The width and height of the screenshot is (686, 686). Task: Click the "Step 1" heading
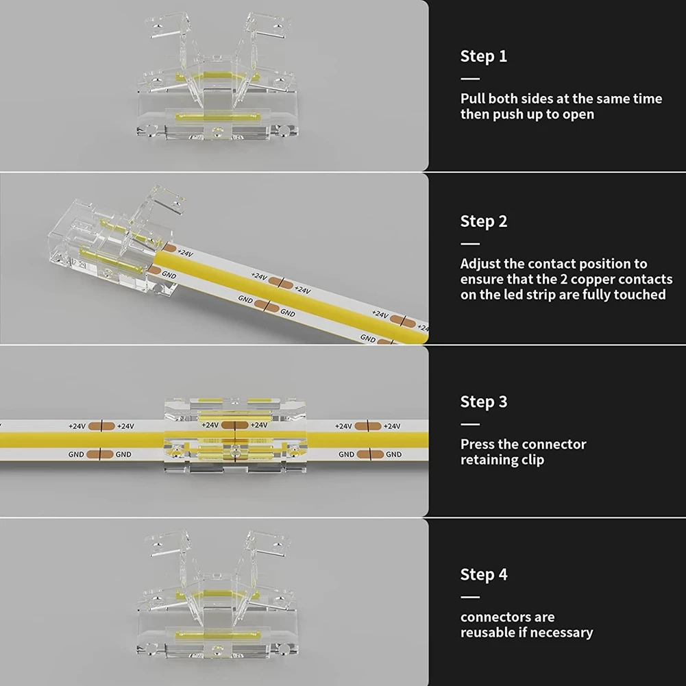pyautogui.click(x=483, y=56)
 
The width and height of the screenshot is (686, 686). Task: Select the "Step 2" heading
pyautogui.click(x=483, y=221)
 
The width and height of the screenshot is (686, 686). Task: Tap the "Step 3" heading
pyautogui.click(x=483, y=402)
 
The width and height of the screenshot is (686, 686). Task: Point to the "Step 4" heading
pyautogui.click(x=483, y=574)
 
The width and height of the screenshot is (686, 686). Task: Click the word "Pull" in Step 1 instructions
pyautogui.click(x=473, y=99)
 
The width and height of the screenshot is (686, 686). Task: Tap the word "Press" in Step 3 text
pyautogui.click(x=478, y=444)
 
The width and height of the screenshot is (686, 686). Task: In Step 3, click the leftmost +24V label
pyautogui.click(x=77, y=426)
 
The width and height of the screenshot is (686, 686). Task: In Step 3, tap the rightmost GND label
pyautogui.click(x=393, y=454)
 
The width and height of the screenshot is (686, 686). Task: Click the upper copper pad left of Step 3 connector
pyautogui.click(x=101, y=426)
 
